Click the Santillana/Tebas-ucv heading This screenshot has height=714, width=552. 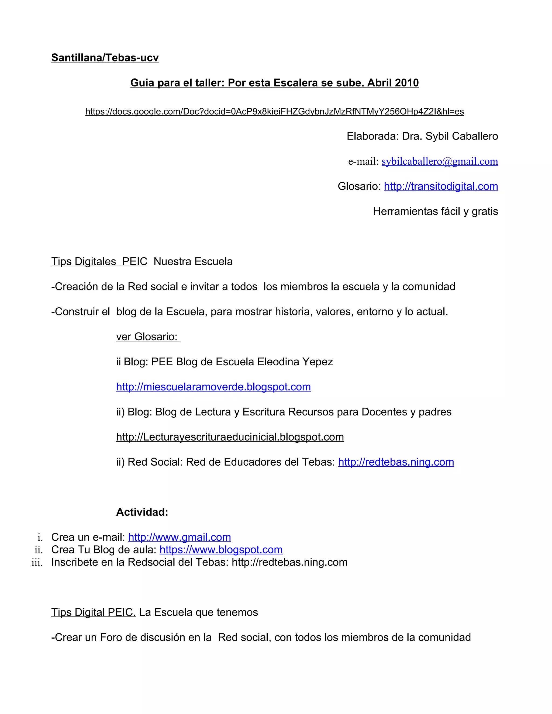(x=105, y=58)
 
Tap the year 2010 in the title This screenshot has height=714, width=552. (x=406, y=83)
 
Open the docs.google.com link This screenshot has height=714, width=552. (x=274, y=112)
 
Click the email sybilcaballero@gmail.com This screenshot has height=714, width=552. (x=440, y=161)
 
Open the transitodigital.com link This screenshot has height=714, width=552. (x=441, y=186)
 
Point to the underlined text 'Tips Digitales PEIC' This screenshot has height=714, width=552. (x=99, y=262)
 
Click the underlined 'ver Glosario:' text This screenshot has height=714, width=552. (x=147, y=337)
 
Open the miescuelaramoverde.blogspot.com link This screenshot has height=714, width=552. (x=213, y=387)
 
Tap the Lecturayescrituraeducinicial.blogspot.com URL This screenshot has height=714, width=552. (x=230, y=437)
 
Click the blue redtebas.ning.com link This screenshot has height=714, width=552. (x=396, y=462)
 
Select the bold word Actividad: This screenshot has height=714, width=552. (x=142, y=512)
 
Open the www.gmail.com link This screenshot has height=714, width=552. (x=180, y=538)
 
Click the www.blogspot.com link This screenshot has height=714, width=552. (x=221, y=550)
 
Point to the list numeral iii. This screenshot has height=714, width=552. (x=37, y=563)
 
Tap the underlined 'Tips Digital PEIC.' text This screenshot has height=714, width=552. (x=93, y=612)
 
